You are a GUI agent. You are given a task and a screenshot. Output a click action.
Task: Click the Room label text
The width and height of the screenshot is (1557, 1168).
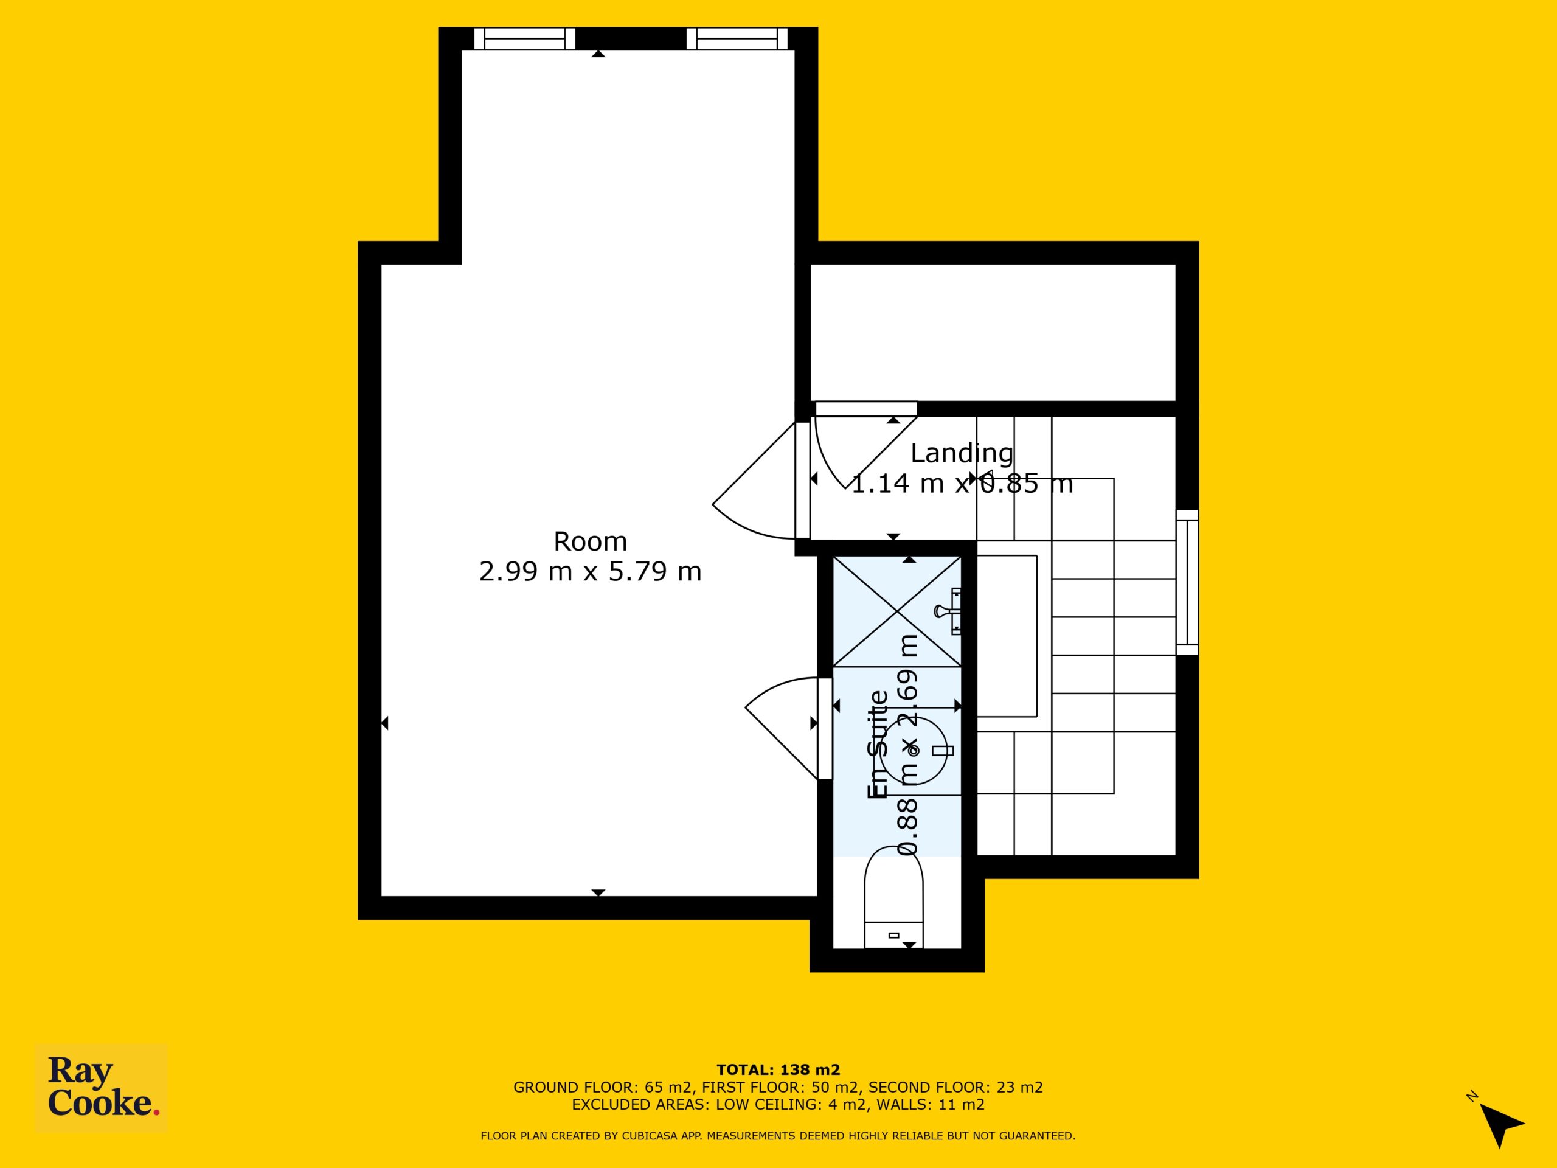tap(590, 541)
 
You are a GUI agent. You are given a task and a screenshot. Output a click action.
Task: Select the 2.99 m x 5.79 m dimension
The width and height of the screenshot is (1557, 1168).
tap(590, 571)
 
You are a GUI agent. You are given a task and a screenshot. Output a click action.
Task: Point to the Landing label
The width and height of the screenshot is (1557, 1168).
tap(962, 454)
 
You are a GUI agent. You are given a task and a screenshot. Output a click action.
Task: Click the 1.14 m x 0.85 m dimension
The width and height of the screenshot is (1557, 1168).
tap(962, 484)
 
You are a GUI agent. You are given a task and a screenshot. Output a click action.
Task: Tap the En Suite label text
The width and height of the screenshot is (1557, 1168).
tap(878, 744)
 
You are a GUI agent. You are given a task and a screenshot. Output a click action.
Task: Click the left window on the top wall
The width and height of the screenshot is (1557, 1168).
tap(524, 39)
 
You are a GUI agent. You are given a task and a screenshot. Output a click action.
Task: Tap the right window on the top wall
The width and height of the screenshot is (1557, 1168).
tap(737, 39)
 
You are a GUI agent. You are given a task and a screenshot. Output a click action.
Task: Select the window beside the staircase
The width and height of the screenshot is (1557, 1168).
tap(1187, 582)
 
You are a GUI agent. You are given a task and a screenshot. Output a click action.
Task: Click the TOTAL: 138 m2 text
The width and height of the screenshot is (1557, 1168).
tap(778, 1070)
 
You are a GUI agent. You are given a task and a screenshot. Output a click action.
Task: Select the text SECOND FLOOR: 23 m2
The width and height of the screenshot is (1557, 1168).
tap(956, 1087)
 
